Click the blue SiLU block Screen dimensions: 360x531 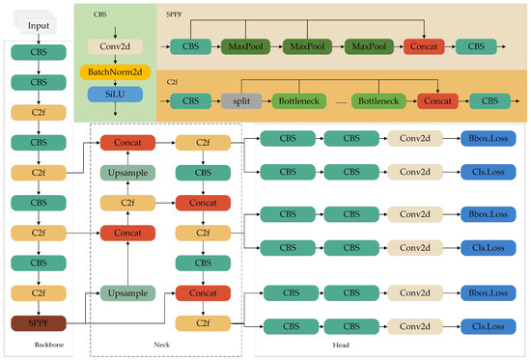114,94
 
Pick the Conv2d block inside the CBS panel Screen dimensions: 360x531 114,45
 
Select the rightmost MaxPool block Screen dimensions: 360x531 371,44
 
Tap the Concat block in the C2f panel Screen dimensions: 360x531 439,100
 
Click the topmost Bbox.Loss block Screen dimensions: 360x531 488,140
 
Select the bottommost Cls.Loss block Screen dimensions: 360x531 488,327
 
